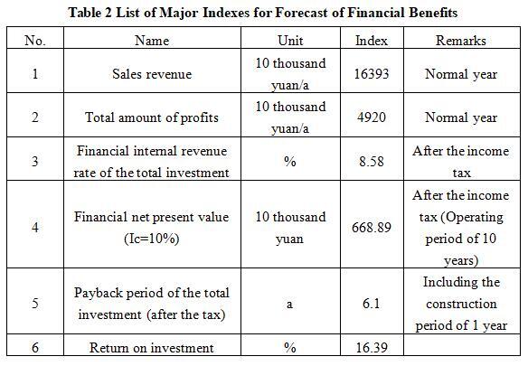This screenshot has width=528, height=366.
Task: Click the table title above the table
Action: click(263, 13)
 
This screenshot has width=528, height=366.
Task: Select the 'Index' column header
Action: click(372, 41)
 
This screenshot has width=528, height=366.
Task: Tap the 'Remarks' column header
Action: click(461, 41)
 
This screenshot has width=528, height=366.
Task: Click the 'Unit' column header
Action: click(290, 41)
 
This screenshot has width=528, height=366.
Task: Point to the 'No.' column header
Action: click(35, 41)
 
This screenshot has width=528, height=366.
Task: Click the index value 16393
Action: click(372, 74)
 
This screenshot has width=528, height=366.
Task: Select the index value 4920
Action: click(372, 117)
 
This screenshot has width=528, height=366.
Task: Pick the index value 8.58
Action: click(372, 162)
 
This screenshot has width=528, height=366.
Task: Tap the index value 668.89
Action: click(372, 228)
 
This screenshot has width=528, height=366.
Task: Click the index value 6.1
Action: click(371, 304)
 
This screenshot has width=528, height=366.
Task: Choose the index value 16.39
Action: click(372, 348)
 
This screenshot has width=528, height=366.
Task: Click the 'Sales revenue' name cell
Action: click(152, 74)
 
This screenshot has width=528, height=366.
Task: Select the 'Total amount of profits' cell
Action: click(152, 117)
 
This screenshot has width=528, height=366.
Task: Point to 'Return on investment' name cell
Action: click(152, 348)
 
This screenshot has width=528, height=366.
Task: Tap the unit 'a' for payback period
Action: click(289, 305)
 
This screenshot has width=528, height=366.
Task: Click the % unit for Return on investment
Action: click(290, 348)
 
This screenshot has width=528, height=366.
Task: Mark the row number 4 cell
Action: click(35, 228)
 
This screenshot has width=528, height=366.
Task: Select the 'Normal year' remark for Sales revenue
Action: click(461, 74)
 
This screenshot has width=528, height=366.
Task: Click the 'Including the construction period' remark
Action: click(461, 304)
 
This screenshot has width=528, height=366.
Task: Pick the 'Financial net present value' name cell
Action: click(152, 228)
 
